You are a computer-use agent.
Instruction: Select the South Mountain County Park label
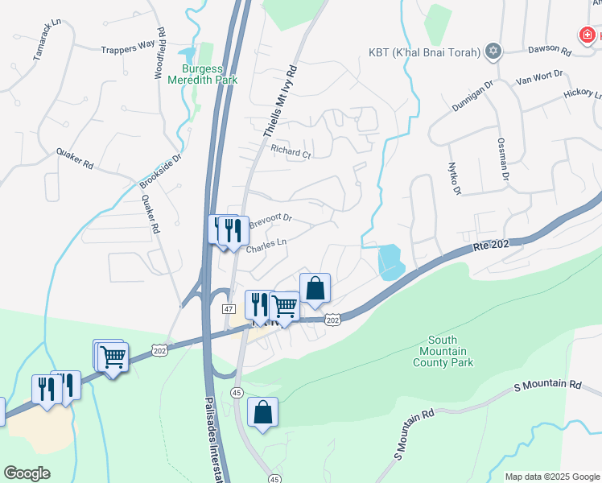tap(443, 351)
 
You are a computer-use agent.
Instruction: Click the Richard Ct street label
tap(290, 151)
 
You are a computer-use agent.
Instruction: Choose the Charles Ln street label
tap(266, 245)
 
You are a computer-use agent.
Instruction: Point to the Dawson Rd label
tap(549, 50)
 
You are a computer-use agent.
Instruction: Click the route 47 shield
tap(229, 309)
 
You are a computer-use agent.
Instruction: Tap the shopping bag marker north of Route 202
tap(315, 288)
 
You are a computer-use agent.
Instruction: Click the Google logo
tap(27, 473)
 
